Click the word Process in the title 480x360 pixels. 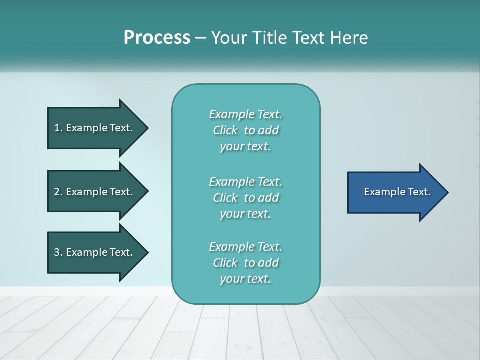157,38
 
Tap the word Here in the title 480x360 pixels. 349,38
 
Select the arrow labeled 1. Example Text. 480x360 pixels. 95,128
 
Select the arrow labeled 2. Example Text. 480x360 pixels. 95,192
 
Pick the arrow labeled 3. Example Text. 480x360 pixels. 95,252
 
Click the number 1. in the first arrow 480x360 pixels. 58,128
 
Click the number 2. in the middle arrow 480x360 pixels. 58,192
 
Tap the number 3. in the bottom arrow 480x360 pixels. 58,252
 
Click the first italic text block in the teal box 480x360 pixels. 245,130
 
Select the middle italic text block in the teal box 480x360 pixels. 245,198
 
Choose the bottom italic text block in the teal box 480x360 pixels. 245,263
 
